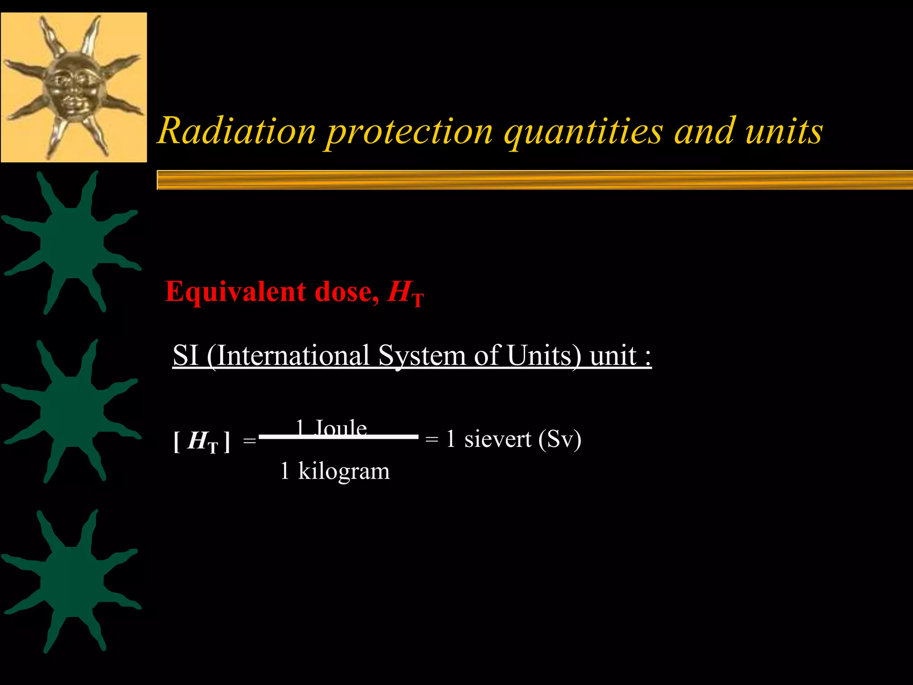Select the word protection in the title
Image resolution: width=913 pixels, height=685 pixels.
pyautogui.click(x=410, y=132)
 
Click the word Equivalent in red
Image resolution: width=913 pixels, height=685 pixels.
pyautogui.click(x=235, y=292)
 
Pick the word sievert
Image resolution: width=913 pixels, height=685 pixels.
pyautogui.click(x=498, y=439)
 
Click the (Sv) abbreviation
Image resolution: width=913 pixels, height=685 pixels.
pyautogui.click(x=559, y=439)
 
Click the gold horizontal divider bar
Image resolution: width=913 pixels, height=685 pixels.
pyautogui.click(x=535, y=180)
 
